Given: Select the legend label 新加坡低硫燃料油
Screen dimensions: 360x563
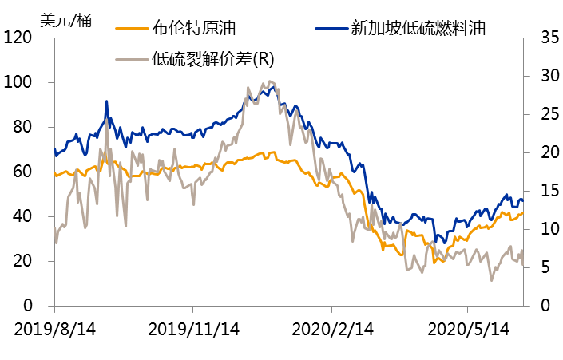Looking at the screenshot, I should click(418, 28).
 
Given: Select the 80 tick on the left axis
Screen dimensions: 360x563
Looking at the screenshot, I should click(22, 127).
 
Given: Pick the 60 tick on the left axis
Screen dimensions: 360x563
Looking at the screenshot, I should click(22, 172).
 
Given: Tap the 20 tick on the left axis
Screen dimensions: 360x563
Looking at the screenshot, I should click(22, 261).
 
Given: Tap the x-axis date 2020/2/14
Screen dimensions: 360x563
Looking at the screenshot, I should click(333, 329).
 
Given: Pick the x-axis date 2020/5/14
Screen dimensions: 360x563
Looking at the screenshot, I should click(470, 329).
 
